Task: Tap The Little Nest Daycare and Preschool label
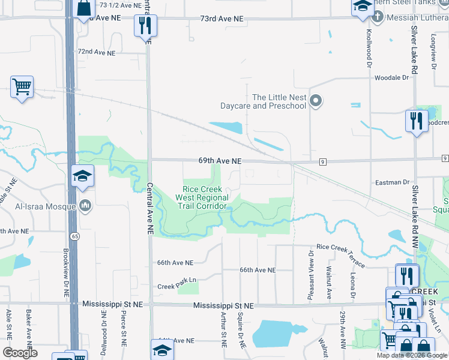click(x=279, y=101)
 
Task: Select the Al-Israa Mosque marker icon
click(x=85, y=206)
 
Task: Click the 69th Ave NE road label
click(x=221, y=161)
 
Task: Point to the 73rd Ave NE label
click(x=222, y=19)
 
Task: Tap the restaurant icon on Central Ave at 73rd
click(x=145, y=25)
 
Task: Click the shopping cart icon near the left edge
click(x=22, y=87)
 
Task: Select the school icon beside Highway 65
click(x=82, y=176)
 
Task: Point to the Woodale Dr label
click(x=391, y=78)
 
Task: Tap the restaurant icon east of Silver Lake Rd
click(x=416, y=121)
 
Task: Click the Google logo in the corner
click(x=20, y=353)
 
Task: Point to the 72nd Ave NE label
click(x=96, y=53)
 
